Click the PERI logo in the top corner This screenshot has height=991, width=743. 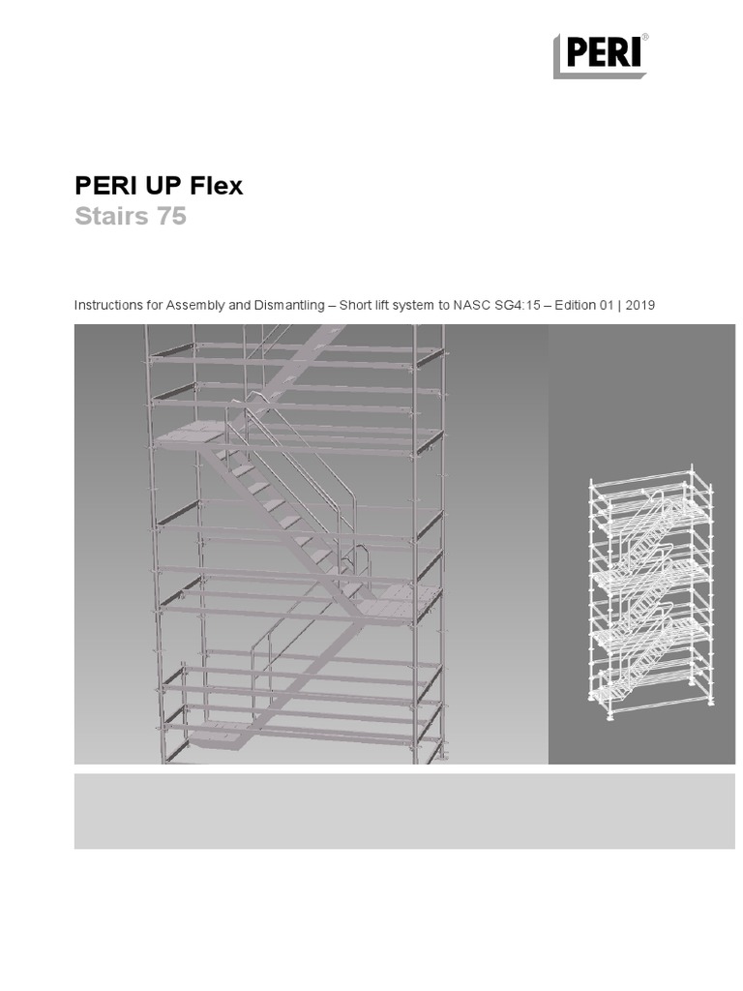(x=600, y=55)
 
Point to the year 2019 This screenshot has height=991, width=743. (x=640, y=305)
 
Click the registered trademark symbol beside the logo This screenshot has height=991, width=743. (x=645, y=38)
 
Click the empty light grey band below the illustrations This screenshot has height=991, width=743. (x=404, y=811)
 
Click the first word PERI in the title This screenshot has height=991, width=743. (x=101, y=186)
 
